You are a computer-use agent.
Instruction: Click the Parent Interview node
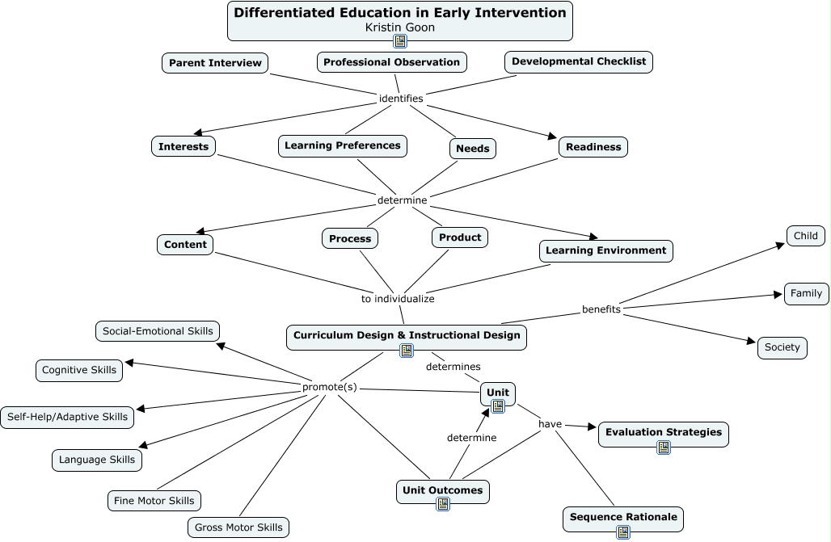[x=215, y=63]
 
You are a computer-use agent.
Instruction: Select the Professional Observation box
[x=391, y=62]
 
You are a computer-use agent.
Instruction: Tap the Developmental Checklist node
[x=578, y=62]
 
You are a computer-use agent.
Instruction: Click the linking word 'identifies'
[x=401, y=99]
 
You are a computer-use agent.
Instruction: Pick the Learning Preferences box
[x=342, y=146]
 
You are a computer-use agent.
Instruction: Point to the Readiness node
[x=593, y=147]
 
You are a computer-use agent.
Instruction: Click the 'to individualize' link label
[x=398, y=299]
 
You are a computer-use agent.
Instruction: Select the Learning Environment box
[x=605, y=250]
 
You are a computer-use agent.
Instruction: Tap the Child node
[x=806, y=236]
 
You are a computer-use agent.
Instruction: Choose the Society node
[x=782, y=347]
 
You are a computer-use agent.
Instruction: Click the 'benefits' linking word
[x=601, y=309]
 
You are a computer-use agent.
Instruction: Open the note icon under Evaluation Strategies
[x=664, y=447]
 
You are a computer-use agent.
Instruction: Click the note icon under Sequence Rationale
[x=623, y=531]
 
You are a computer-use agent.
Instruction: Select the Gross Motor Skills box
[x=238, y=527]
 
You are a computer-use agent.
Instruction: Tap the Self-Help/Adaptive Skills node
[x=67, y=417]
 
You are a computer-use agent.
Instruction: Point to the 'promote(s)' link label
[x=330, y=387]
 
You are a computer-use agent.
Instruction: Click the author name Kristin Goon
[x=400, y=27]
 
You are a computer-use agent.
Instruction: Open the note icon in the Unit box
[x=498, y=406]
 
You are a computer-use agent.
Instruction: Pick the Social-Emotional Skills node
[x=158, y=330]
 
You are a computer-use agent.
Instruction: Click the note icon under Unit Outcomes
[x=443, y=504]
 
